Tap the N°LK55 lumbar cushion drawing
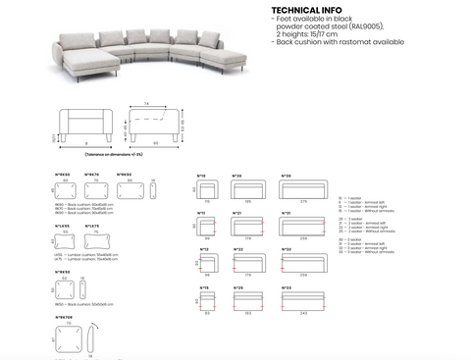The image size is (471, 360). pyautogui.click(x=67, y=241)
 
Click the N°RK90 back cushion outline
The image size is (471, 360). pyautogui.click(x=126, y=189)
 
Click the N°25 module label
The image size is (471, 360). pyautogui.click(x=236, y=286)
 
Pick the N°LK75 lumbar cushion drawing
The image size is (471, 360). pyautogui.click(x=94, y=241)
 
